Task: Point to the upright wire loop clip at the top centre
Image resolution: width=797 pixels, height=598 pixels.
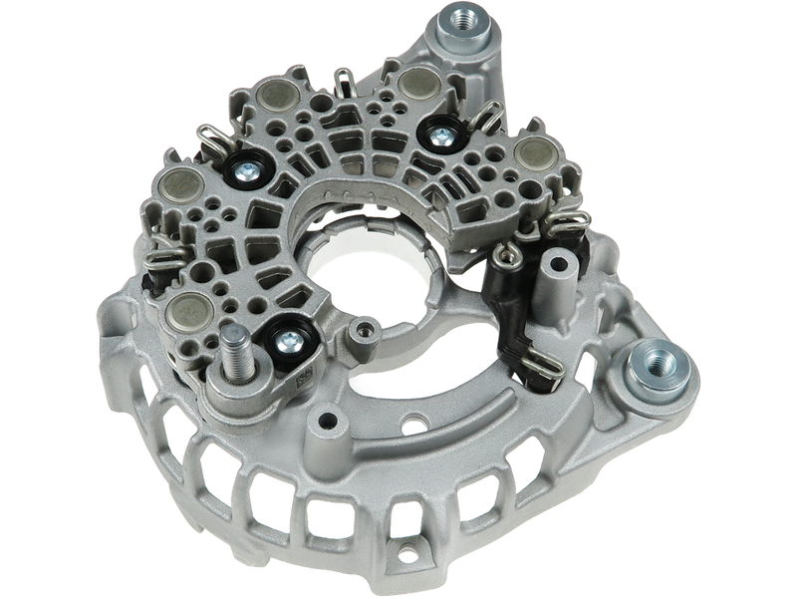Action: point(342,77)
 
